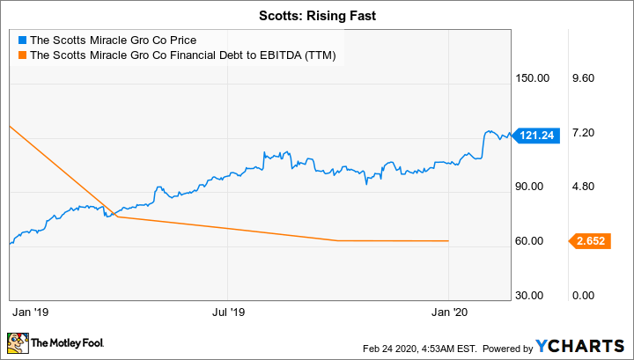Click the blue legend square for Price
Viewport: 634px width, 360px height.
[x=22, y=40]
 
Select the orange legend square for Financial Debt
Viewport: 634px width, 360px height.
[x=22, y=55]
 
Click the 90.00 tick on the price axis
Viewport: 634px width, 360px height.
[x=534, y=187]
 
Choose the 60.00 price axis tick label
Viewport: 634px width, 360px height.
[x=534, y=241]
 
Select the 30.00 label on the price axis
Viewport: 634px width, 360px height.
[x=534, y=296]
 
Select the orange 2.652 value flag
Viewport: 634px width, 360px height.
[x=585, y=241]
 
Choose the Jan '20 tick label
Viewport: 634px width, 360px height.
[x=449, y=311]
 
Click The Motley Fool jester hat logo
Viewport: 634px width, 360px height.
[x=17, y=342]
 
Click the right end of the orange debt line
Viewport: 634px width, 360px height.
[x=449, y=241]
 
